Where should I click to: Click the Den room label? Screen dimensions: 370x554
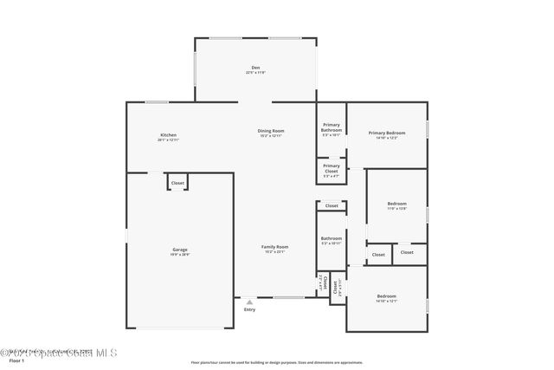(x=255, y=68)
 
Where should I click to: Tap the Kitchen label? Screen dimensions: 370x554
(x=169, y=134)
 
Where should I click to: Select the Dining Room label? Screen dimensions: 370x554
(x=271, y=131)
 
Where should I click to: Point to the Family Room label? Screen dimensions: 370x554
(x=275, y=247)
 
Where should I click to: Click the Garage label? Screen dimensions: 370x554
(x=179, y=250)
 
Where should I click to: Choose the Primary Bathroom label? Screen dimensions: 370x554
(x=332, y=127)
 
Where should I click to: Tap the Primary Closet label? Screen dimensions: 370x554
(x=332, y=168)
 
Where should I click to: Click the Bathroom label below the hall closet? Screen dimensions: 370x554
(x=332, y=238)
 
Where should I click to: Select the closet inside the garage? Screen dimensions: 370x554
(x=177, y=183)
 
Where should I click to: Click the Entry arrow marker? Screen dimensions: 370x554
(x=249, y=302)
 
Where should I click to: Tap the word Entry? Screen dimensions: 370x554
(x=249, y=309)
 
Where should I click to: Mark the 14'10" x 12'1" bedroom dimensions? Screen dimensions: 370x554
(x=386, y=302)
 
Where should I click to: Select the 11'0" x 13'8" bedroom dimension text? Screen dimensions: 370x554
(x=396, y=209)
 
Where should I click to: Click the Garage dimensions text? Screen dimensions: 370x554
(x=179, y=255)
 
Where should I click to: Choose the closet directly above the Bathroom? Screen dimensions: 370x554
(x=332, y=206)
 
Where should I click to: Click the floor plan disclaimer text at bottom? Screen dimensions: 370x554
(x=277, y=362)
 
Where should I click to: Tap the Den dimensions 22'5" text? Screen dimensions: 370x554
(x=255, y=73)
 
